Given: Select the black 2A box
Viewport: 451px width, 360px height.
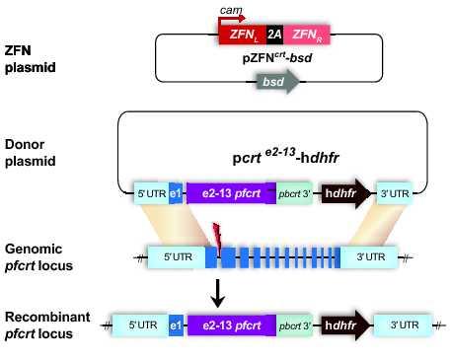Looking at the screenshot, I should [x=273, y=33].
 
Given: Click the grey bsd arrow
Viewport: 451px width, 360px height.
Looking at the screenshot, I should [x=281, y=85].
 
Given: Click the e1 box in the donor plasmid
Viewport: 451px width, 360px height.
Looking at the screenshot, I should [x=176, y=192].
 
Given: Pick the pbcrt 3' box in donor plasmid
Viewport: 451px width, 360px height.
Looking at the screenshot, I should [x=293, y=192].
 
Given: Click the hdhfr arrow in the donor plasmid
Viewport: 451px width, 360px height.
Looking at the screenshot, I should [x=343, y=192].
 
